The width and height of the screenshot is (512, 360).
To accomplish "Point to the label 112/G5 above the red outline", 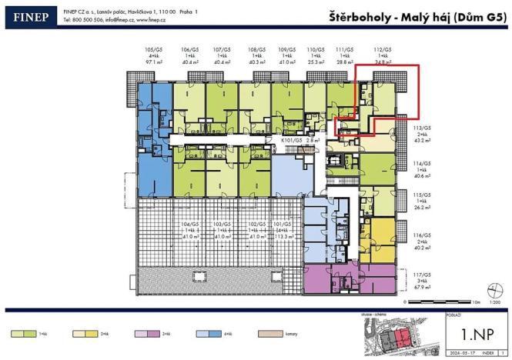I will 380,48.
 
